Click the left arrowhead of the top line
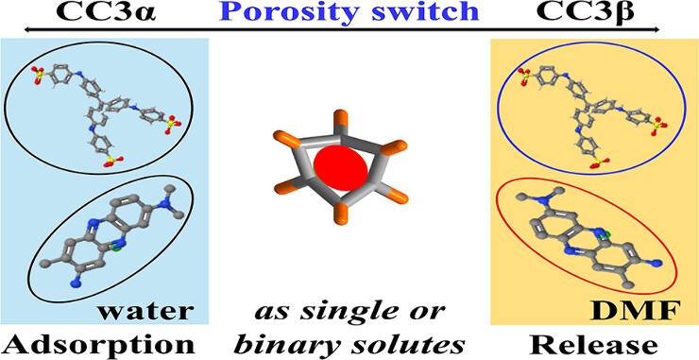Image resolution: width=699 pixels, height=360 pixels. pos(6,29)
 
